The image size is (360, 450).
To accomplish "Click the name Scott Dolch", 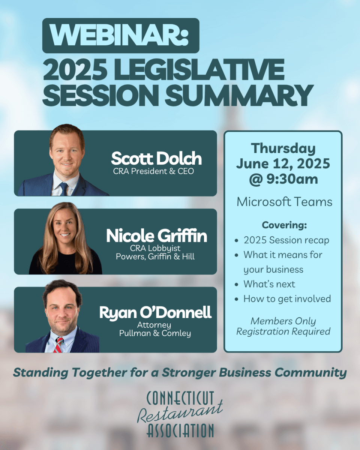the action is [x=156, y=158].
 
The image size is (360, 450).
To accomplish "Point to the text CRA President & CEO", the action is [x=153, y=171].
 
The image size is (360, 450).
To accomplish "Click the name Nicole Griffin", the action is [x=157, y=235].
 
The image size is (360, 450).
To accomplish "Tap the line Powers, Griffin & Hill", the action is [x=155, y=256].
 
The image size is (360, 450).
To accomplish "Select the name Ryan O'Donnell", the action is [x=155, y=312].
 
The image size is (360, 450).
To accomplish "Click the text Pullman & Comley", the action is [x=155, y=333].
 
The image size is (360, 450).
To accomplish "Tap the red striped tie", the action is [x=58, y=345].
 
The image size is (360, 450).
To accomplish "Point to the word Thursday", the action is [x=283, y=148].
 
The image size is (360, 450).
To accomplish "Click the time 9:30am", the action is [x=292, y=179].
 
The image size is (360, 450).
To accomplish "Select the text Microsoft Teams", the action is [x=285, y=202].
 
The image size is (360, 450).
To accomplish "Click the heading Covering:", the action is [x=284, y=225].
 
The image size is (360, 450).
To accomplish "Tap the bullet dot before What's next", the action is [x=237, y=285].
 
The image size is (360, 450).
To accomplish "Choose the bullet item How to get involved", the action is [x=287, y=299].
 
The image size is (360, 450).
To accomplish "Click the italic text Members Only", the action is [x=283, y=321].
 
